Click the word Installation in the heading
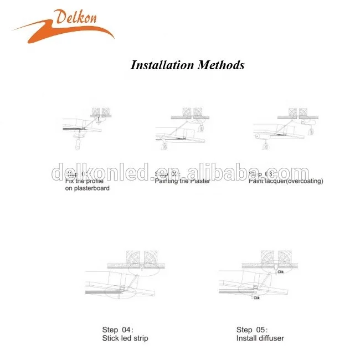click(161, 65)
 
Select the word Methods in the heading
click(221, 65)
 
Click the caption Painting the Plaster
click(181, 181)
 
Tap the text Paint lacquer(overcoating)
click(285, 181)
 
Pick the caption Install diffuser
click(260, 338)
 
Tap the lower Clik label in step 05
click(256, 298)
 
